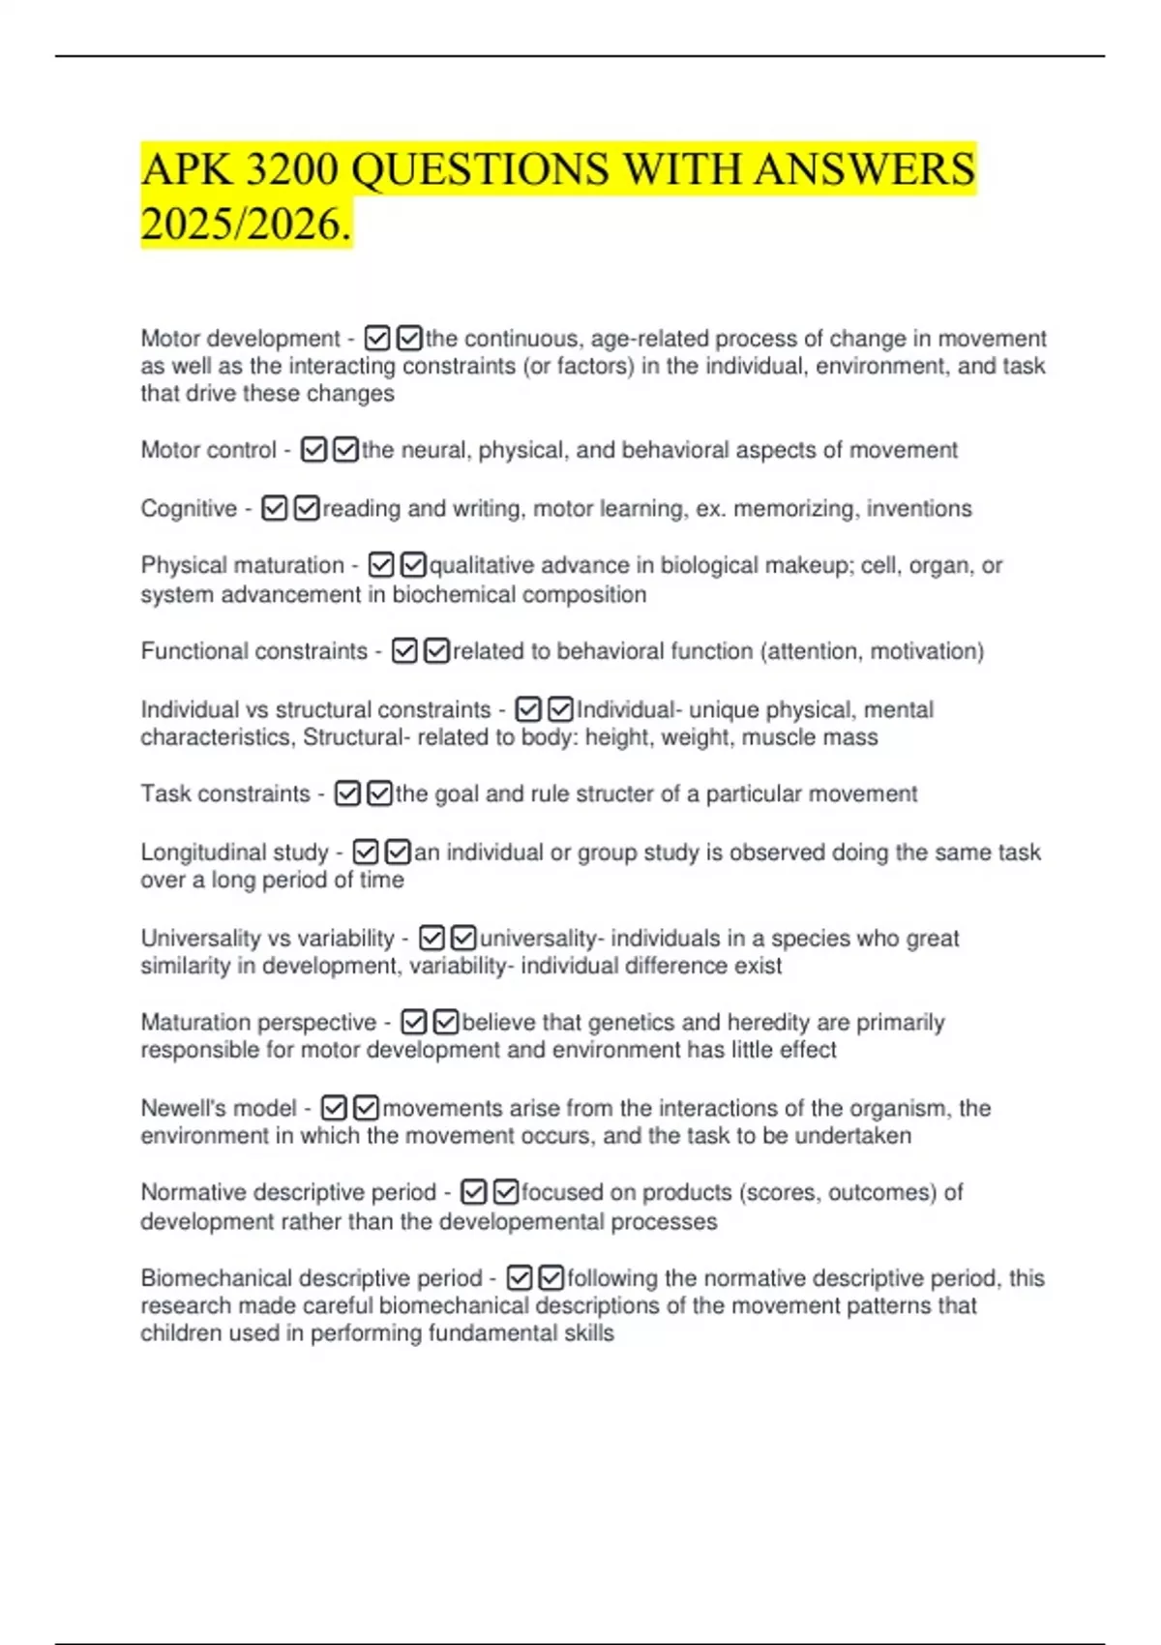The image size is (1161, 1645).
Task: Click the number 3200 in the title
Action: coord(291,170)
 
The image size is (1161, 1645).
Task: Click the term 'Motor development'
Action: coord(240,339)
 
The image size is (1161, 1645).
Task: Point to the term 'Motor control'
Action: coord(208,450)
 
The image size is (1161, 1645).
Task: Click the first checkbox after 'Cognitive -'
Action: coord(275,508)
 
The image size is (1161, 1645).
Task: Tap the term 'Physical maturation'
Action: coord(242,565)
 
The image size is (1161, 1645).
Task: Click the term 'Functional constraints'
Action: coord(253,651)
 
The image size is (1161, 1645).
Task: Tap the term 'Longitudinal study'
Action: coord(234,852)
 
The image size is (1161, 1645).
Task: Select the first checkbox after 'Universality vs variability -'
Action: coord(432,938)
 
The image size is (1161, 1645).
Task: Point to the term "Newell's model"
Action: coord(219,1108)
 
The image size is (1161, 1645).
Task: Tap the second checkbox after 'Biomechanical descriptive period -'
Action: coord(551,1278)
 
